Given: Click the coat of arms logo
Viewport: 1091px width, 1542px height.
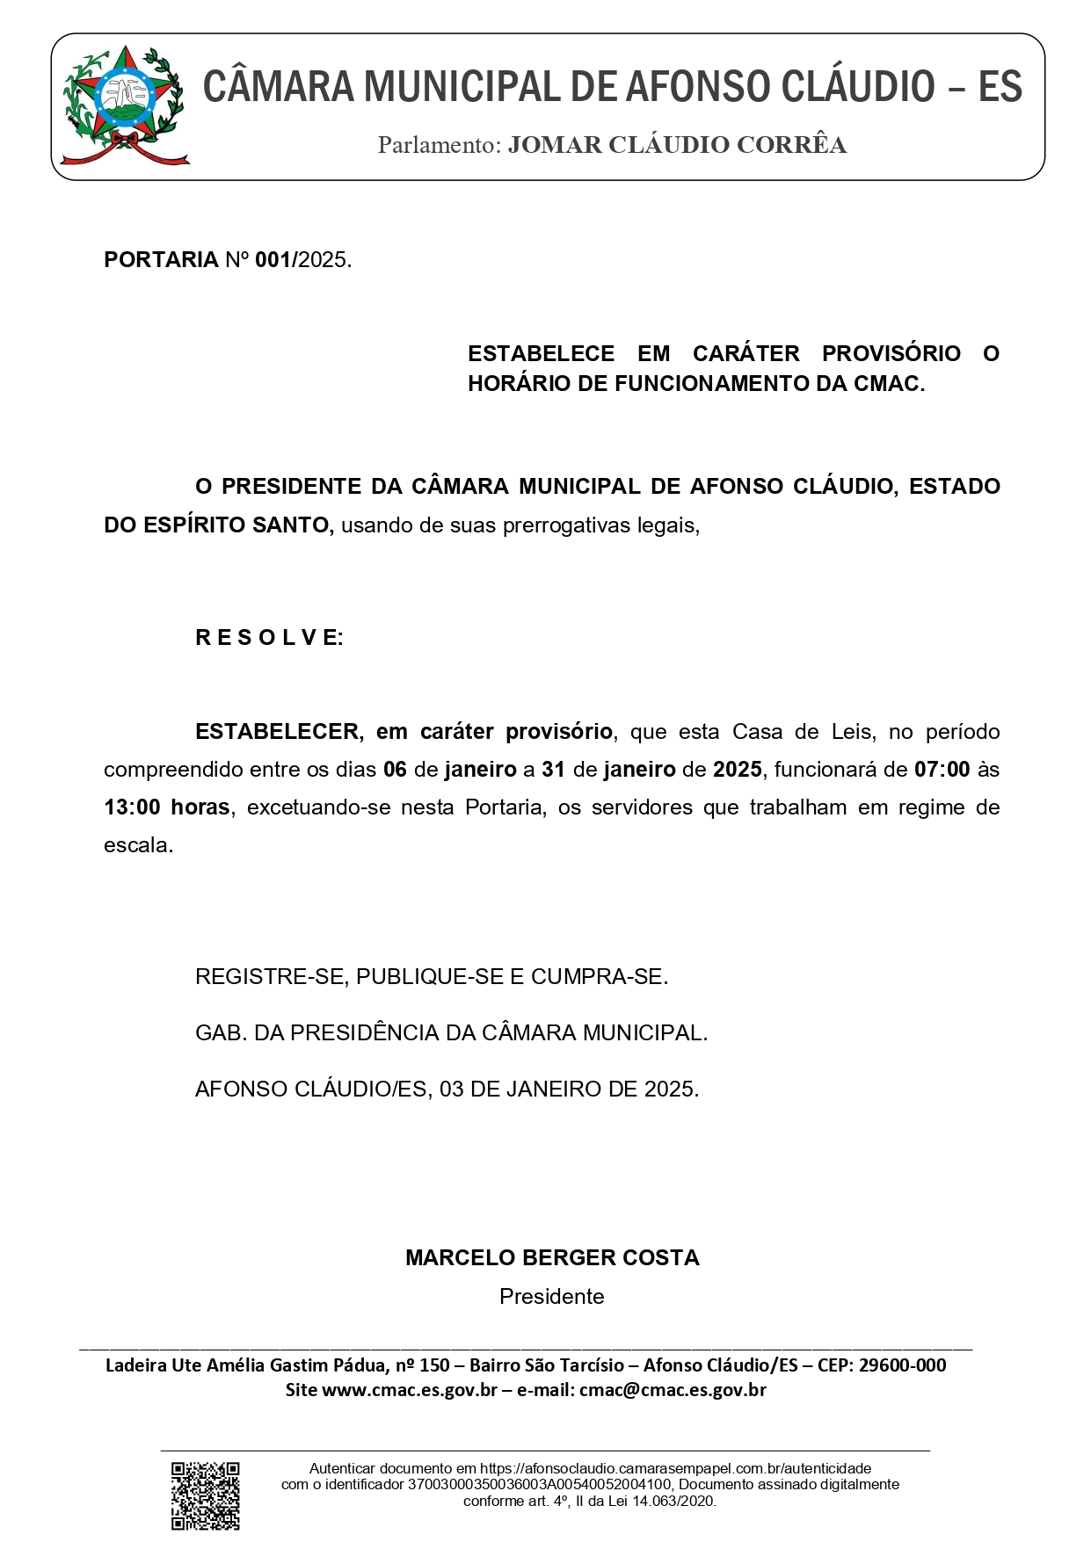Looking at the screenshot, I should (x=124, y=106).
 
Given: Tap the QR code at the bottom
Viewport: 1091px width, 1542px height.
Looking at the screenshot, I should (x=205, y=1495).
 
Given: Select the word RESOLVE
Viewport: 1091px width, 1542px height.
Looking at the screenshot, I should (x=269, y=638).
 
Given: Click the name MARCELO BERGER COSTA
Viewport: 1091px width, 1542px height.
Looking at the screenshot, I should (x=552, y=1258).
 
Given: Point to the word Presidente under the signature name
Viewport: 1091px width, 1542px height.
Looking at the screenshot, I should (x=551, y=1297).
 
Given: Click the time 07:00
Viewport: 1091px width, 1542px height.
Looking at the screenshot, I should (x=942, y=770).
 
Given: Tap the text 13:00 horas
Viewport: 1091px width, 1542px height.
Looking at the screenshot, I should (x=167, y=807).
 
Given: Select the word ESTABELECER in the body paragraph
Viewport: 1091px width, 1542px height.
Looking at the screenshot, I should (x=277, y=732).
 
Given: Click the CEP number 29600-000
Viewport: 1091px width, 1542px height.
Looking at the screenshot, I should (x=902, y=1365).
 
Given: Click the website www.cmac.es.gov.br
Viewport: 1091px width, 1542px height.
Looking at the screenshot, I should (x=410, y=1390).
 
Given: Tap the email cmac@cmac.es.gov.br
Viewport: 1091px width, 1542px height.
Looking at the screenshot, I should (x=673, y=1390).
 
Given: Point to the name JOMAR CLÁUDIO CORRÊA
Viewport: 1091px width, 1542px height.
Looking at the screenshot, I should (x=677, y=146).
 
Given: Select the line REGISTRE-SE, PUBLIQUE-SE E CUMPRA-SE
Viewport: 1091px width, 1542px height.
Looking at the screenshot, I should (x=432, y=977).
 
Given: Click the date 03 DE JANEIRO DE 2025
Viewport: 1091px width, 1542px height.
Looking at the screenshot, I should (x=569, y=1090).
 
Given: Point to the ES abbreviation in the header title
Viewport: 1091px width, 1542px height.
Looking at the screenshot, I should (x=1000, y=87).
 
